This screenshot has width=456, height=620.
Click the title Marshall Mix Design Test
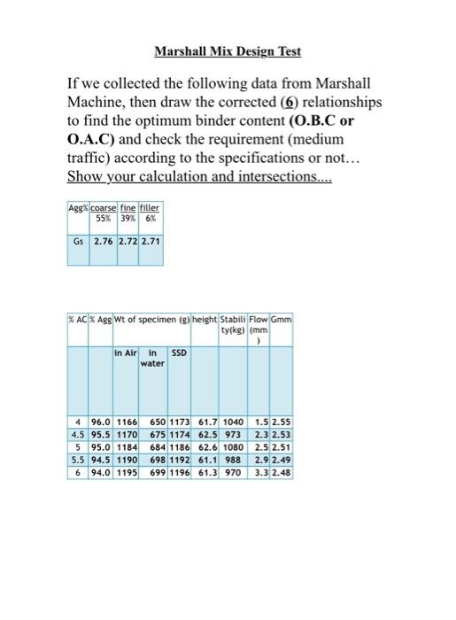tap(228, 51)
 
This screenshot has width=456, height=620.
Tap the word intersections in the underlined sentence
tap(274, 176)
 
